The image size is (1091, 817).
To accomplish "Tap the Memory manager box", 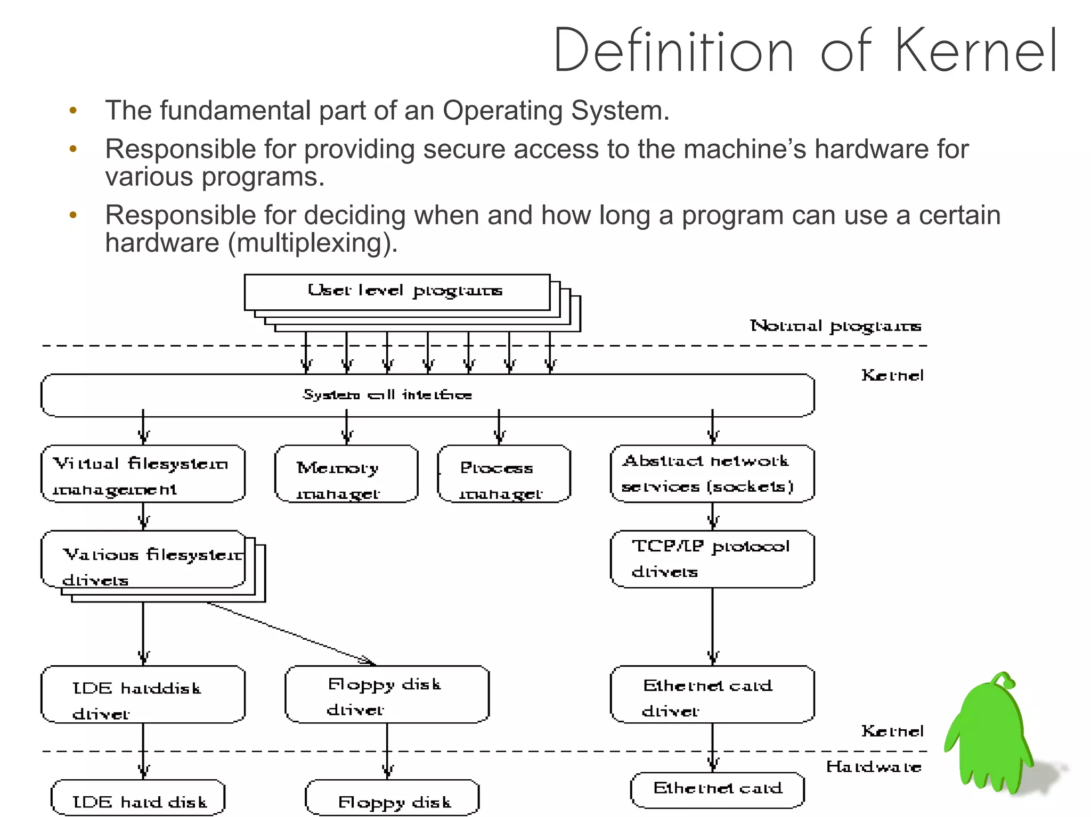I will [346, 474].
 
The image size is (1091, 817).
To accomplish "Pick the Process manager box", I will [504, 474].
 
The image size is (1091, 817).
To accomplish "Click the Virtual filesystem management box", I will [143, 474].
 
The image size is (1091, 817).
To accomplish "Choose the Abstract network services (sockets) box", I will [712, 474].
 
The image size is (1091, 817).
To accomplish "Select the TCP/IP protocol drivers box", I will [712, 559].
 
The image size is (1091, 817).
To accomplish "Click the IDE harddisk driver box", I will [143, 694].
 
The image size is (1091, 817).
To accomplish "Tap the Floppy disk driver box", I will [387, 694].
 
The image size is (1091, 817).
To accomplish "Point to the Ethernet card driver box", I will [712, 694].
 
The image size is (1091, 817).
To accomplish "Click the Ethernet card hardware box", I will [717, 790].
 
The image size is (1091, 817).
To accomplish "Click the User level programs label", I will [405, 291].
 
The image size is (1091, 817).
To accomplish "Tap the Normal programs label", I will [835, 326].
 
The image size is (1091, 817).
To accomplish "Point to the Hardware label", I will [874, 767].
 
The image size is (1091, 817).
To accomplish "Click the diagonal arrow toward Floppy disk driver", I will [290, 633].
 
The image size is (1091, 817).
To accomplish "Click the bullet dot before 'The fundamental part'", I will [73, 111].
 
